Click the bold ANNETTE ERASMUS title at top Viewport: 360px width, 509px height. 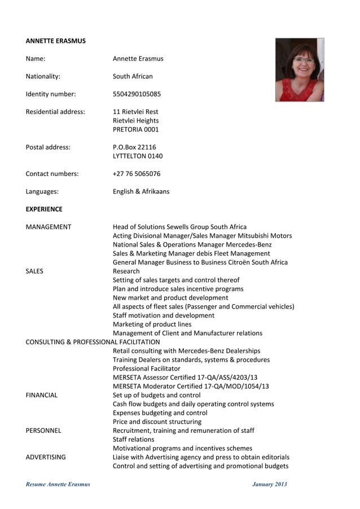[x=56, y=41]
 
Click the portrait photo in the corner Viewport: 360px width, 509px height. [x=299, y=70]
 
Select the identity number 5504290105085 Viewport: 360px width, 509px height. [x=144, y=94]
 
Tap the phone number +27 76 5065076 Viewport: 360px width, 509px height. [x=137, y=174]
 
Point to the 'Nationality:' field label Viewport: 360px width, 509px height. [x=43, y=76]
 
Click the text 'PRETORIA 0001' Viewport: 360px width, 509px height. [x=136, y=130]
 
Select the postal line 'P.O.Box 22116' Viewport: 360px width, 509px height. [x=134, y=147]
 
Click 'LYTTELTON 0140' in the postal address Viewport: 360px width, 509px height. [x=138, y=156]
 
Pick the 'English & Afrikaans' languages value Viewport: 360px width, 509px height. [x=141, y=191]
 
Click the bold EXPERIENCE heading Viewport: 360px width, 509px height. [x=44, y=209]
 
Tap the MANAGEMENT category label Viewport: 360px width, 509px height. [x=49, y=227]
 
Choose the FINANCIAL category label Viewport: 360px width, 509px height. [x=42, y=395]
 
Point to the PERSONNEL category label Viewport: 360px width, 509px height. [x=43, y=430]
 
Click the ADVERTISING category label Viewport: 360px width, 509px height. [x=46, y=457]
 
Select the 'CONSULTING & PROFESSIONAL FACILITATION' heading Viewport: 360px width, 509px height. [x=93, y=341]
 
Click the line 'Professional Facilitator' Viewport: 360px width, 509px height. [x=147, y=368]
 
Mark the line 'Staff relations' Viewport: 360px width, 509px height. [x=133, y=439]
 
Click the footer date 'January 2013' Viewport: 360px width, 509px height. [x=269, y=484]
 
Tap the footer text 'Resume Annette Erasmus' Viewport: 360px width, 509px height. [x=58, y=484]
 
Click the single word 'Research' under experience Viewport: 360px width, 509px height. [x=126, y=271]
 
